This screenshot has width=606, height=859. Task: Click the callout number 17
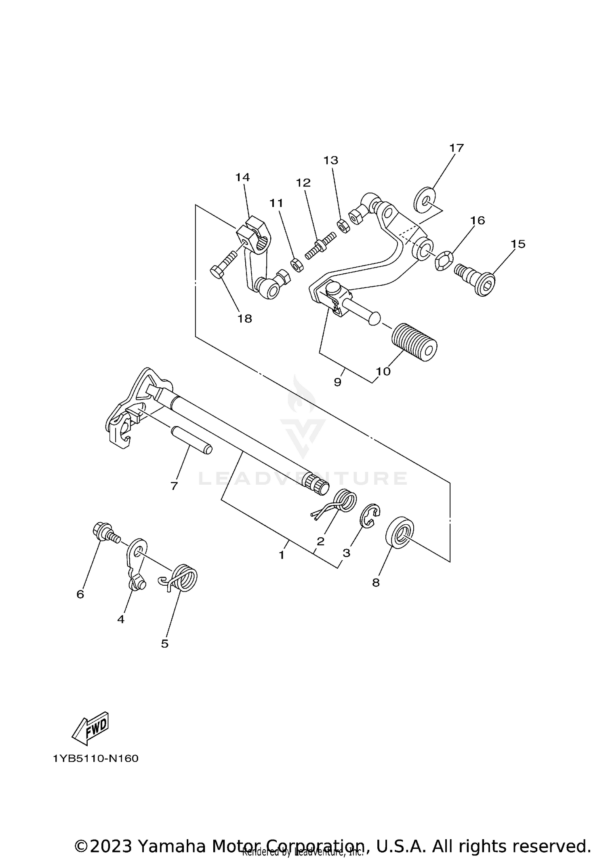click(x=457, y=148)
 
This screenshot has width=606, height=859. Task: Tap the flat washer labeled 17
click(x=425, y=199)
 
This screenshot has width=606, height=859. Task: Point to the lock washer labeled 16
click(x=444, y=261)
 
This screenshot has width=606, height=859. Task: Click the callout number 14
click(x=243, y=177)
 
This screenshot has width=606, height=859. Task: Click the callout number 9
click(x=338, y=382)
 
